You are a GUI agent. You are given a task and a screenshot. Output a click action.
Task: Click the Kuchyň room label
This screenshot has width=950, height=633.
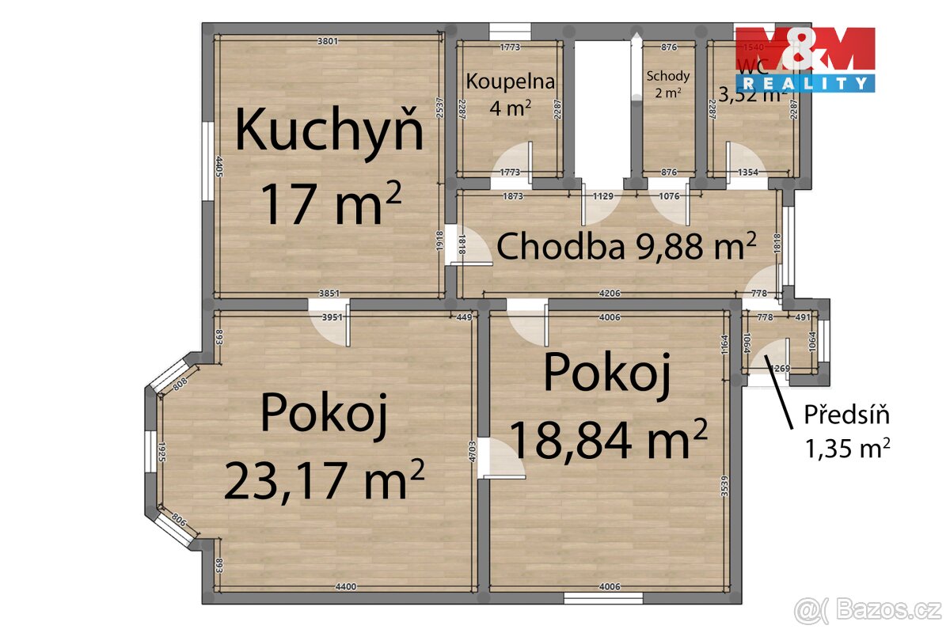point(329,131)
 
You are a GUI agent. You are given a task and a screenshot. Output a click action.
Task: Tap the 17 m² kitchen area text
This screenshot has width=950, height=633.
point(331,203)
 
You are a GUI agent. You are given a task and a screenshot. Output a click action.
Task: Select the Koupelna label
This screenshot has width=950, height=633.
point(510,81)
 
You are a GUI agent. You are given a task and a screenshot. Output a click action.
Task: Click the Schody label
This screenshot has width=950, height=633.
point(668,76)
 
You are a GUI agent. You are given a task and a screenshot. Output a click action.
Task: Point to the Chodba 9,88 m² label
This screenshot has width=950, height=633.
point(625,247)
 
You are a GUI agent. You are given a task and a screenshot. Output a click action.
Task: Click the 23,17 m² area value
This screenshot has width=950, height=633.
point(325,480)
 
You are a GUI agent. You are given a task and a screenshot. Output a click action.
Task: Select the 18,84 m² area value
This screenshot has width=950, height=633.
point(608,439)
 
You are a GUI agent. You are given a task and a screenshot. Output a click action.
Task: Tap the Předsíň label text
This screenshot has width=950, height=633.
point(847,414)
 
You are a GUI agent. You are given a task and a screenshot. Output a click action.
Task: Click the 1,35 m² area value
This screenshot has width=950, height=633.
point(847,449)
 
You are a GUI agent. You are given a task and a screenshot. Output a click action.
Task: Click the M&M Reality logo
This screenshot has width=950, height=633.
point(805,59)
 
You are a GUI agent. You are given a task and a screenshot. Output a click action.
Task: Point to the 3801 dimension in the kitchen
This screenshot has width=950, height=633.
point(328,42)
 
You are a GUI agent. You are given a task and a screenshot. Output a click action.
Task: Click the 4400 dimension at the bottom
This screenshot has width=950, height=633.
point(346,586)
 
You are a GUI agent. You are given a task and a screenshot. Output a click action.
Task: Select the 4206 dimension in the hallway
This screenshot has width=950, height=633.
point(610,294)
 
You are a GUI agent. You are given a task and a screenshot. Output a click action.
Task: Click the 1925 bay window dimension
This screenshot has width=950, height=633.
point(161,453)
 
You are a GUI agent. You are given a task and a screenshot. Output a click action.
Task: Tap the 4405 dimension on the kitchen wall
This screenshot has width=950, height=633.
point(219,167)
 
